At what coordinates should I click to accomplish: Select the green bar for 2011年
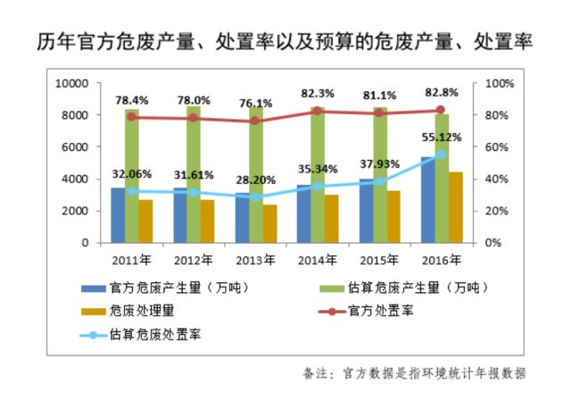[x=132, y=175]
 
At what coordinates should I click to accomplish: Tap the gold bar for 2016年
[x=456, y=207]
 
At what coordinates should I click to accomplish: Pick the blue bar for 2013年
[x=242, y=218]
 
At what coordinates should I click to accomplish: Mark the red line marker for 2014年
[x=318, y=111]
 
